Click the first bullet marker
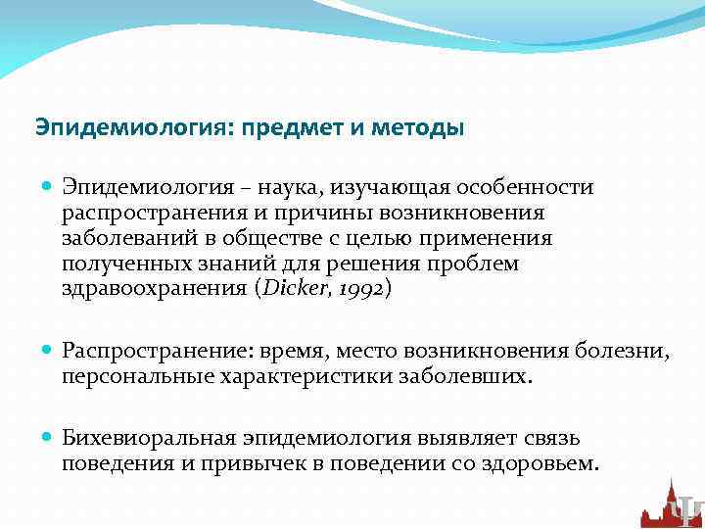pyautogui.click(x=49, y=186)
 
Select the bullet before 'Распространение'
pyautogui.click(x=49, y=350)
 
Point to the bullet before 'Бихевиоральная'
pyautogui.click(x=49, y=438)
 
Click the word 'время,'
pyautogui.click(x=272, y=350)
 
